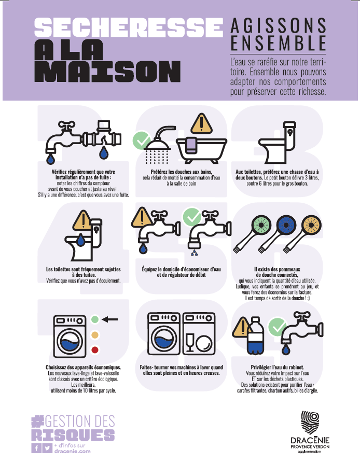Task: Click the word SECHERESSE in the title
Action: (x=129, y=27)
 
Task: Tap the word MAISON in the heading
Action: (x=107, y=72)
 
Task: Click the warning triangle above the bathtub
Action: (x=201, y=123)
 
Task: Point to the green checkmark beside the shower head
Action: (x=142, y=140)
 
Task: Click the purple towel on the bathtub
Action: (x=191, y=145)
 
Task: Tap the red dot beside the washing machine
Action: (x=94, y=350)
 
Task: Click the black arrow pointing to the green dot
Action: (x=109, y=319)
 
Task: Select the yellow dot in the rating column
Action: (x=94, y=335)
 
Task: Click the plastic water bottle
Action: (x=255, y=335)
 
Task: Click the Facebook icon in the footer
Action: (x=36, y=448)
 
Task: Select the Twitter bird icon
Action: (x=47, y=448)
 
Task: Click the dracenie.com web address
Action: (x=72, y=451)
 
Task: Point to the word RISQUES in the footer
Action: (x=73, y=435)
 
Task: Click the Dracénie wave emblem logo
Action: (x=310, y=422)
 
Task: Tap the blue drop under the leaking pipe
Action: (x=104, y=152)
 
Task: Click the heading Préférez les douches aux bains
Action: (x=182, y=172)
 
